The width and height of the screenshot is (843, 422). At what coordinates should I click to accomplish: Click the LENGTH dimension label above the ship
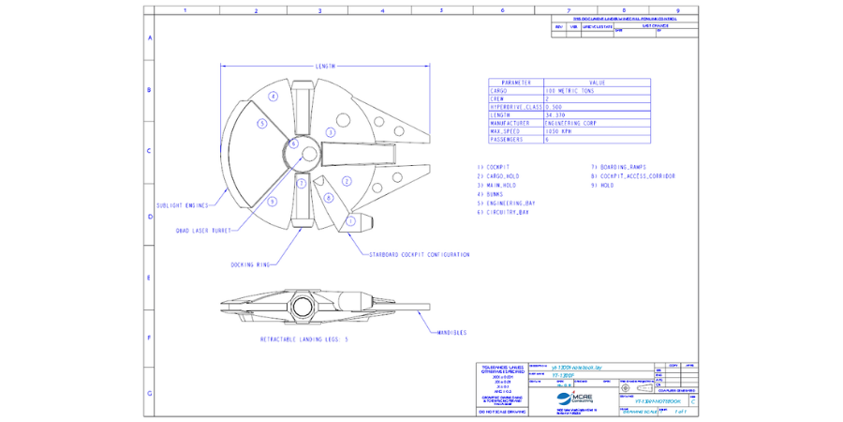[x=325, y=67]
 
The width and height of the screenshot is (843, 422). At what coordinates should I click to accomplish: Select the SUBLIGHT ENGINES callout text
[x=182, y=205]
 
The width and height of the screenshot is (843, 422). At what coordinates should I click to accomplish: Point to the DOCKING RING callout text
[x=250, y=265]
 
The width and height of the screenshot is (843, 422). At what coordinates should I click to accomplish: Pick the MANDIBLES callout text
[x=453, y=332]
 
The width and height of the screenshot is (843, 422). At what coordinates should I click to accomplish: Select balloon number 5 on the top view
[x=263, y=123]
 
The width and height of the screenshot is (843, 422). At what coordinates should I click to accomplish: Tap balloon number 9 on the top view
[x=272, y=201]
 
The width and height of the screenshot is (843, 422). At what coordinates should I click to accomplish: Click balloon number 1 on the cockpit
[x=351, y=221]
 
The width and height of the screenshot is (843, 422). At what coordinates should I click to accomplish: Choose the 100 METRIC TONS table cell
[x=571, y=91]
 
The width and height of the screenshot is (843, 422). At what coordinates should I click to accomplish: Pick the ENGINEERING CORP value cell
[x=573, y=123]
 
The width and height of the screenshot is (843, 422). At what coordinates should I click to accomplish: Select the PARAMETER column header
[x=516, y=83]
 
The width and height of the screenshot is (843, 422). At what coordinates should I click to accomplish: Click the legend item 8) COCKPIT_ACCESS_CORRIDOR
[x=633, y=175]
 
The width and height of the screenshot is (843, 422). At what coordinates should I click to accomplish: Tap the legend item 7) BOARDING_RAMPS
[x=618, y=166]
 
